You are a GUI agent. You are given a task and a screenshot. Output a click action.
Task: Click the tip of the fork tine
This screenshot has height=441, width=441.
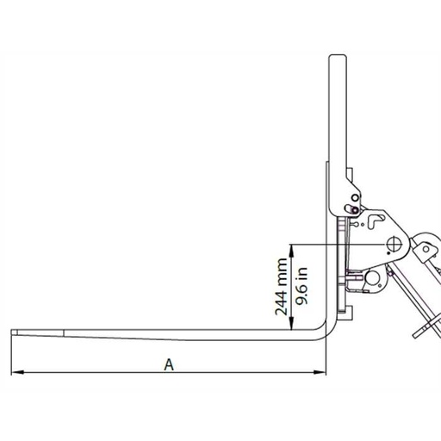pos(16,332)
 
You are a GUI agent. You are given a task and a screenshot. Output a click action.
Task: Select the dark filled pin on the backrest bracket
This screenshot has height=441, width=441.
pos(353,208)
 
